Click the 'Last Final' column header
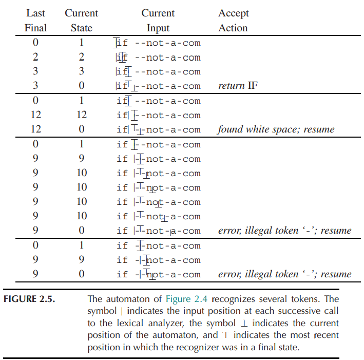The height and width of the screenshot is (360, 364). pos(35,21)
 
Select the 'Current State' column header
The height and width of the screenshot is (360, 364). pos(81,21)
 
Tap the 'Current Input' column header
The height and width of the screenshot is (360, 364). pos(158,21)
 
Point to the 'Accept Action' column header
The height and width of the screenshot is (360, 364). pos(234,21)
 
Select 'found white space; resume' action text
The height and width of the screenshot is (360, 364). pos(276,129)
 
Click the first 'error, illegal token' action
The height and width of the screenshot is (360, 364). pos(284,231)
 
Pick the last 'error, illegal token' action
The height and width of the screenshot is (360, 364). pos(284,274)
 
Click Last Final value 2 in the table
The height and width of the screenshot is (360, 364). pos(35,57)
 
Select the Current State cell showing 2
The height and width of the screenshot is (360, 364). pos(81,57)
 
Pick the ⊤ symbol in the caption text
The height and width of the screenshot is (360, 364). pos(226,336)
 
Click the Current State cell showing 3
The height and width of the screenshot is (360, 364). pos(81,71)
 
